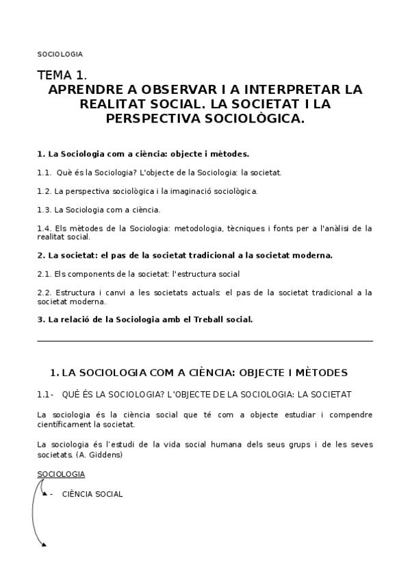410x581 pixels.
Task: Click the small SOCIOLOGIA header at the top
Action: point(60,53)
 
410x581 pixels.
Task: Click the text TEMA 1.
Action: point(62,75)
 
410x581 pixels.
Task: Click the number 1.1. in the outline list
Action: point(44,173)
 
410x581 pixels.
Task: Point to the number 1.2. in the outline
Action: point(44,191)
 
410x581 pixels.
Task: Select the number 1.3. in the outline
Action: point(44,210)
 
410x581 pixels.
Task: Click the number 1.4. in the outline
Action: point(44,228)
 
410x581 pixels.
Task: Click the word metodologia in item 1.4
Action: point(179,228)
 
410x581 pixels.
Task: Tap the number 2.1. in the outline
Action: point(44,273)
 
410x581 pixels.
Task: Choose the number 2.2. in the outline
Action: point(44,292)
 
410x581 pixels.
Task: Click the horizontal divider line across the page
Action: point(205,341)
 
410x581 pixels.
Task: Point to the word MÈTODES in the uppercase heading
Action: point(321,373)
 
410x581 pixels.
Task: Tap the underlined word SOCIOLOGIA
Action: point(61,474)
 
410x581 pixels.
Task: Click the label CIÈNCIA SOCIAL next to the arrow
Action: point(92,494)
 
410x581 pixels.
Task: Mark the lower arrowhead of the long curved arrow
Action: point(44,545)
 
